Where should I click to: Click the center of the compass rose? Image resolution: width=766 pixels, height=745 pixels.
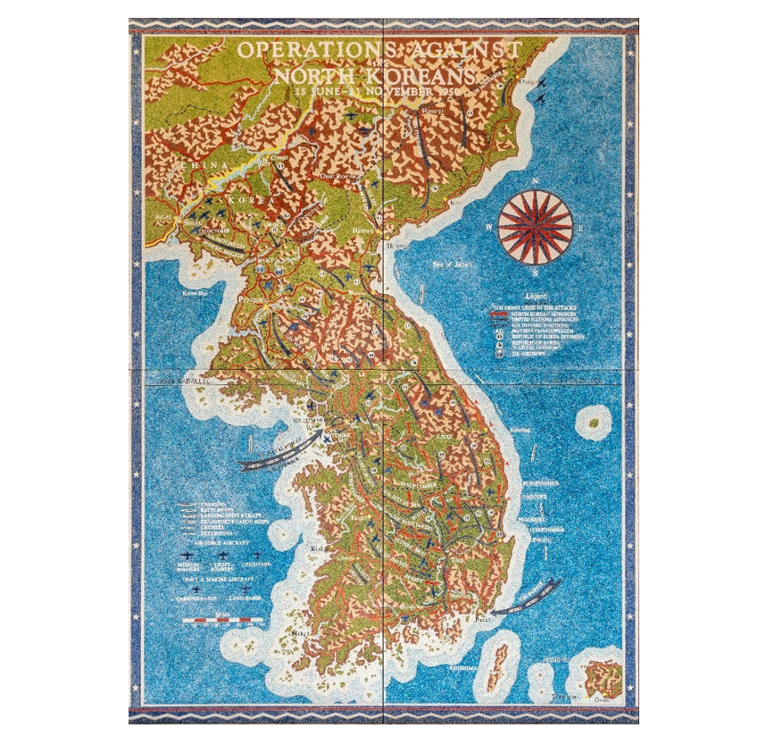coord(535,227)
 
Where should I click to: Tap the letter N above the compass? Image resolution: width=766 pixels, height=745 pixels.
coord(535,182)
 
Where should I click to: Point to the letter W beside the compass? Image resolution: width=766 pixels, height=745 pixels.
coord(489,227)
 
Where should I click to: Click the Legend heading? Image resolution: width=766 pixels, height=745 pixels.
coord(535,294)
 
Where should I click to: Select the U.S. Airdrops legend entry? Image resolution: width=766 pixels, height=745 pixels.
coord(527,354)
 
